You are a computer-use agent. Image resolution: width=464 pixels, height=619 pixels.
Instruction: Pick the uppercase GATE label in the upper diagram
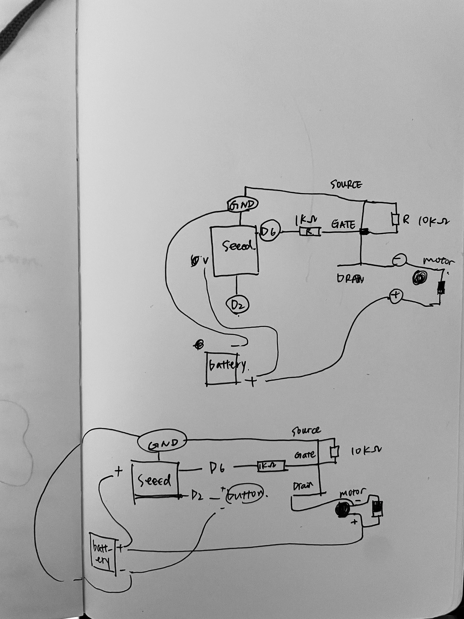tap(344, 224)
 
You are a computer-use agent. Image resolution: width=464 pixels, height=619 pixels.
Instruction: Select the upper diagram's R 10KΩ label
tap(426, 221)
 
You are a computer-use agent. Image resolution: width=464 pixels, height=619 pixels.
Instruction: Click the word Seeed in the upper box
tap(238, 246)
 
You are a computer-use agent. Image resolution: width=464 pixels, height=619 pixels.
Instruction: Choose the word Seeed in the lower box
tap(155, 481)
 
